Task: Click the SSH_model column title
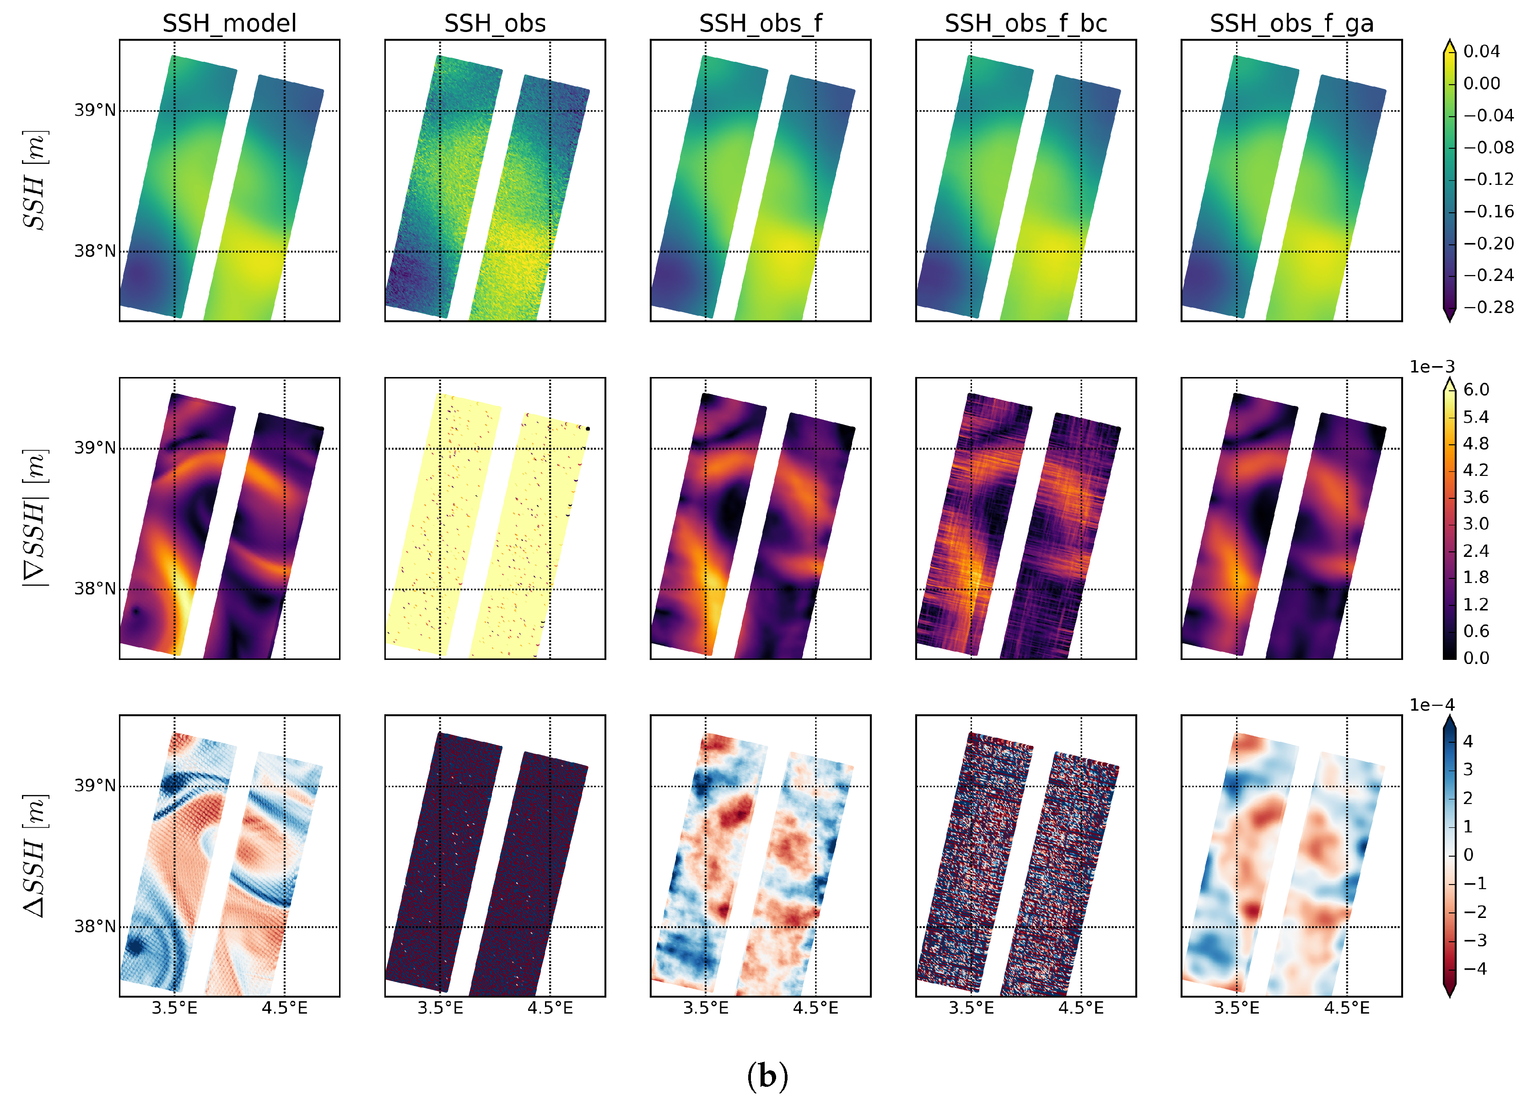229,24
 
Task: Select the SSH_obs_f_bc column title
1026,24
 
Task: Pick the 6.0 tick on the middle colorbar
1476,390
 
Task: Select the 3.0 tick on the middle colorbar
1476,524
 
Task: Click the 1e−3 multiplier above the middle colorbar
1431,367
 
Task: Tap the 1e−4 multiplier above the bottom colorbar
1431,705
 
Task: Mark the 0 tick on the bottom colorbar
1468,855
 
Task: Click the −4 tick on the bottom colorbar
1474,969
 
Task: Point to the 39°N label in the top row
95,110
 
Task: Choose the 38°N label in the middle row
95,588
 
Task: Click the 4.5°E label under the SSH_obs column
550,1009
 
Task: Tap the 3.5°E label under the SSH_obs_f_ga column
1236,1009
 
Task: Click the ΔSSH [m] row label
34,856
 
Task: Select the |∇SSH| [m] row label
34,518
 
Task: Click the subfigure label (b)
767,1075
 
